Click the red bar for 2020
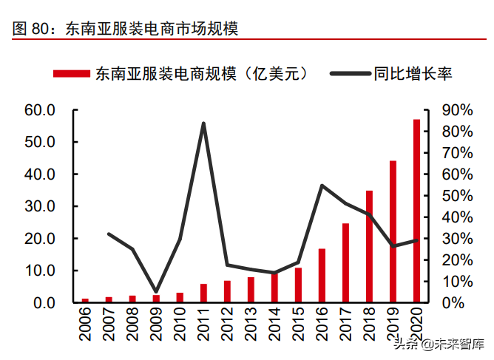click(416, 211)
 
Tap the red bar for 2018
click(369, 246)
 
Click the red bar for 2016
click(322, 275)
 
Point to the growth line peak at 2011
click(203, 123)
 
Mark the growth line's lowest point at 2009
click(155, 292)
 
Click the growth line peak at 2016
click(322, 186)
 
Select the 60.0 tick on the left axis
click(40, 110)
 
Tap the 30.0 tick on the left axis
click(40, 206)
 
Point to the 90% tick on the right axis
click(456, 110)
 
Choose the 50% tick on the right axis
click(456, 196)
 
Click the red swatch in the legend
click(72, 72)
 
